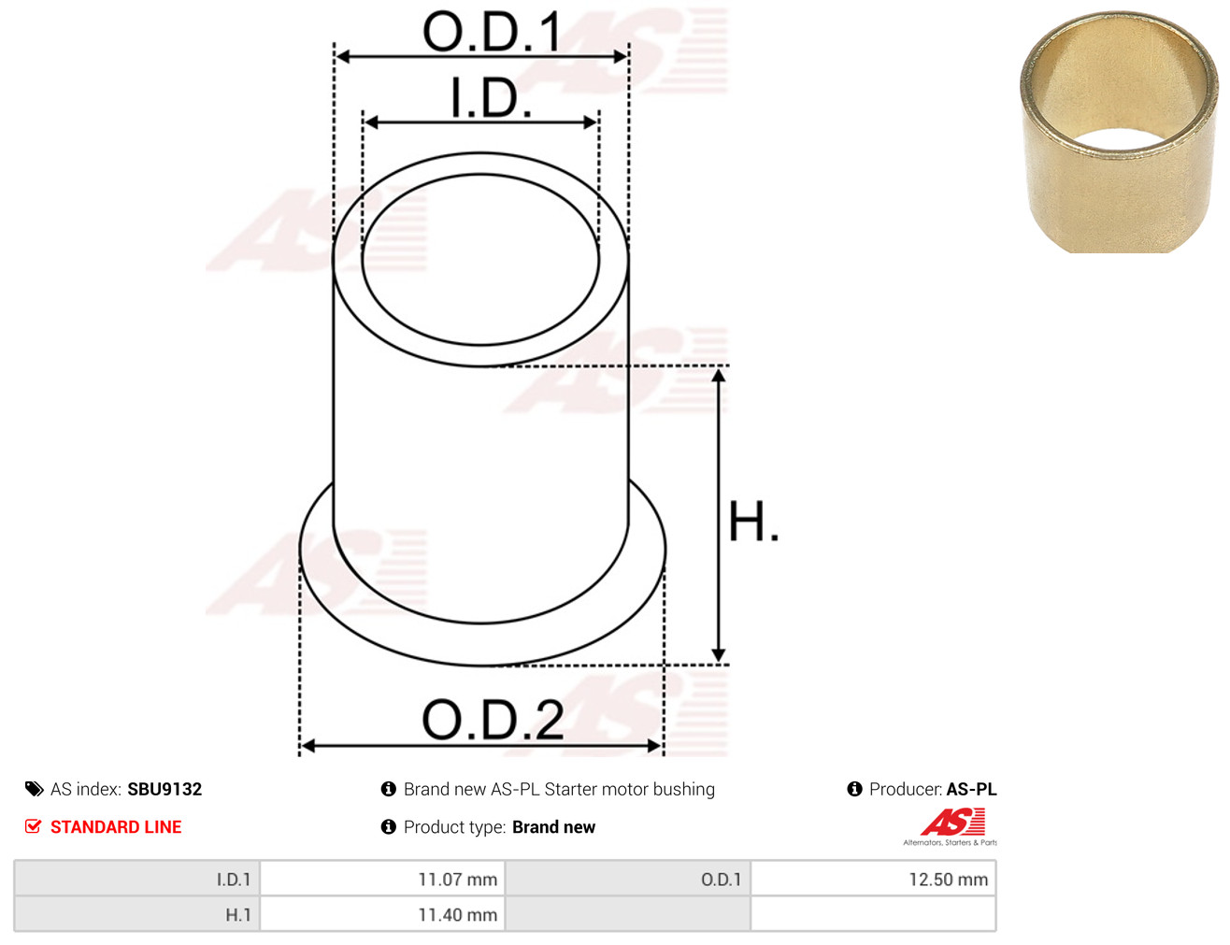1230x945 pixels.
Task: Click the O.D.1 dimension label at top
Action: pos(492,32)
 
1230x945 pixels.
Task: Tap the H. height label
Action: pos(752,521)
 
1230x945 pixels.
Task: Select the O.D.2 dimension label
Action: pos(493,719)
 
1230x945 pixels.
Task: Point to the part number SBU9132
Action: pos(164,789)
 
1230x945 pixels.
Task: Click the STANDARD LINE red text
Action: pos(116,826)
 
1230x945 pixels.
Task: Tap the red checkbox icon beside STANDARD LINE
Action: pos(34,826)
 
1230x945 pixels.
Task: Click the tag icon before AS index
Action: pos(34,789)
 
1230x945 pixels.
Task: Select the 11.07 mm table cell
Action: pos(382,879)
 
